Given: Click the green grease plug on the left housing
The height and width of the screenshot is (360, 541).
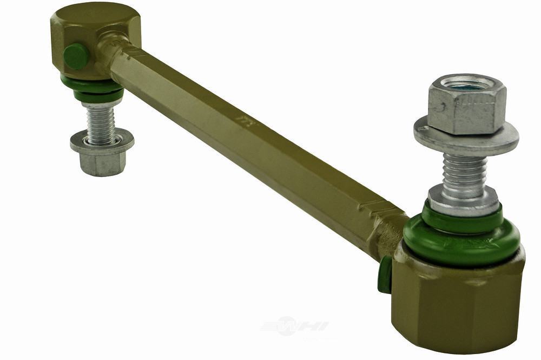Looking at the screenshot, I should pyautogui.click(x=76, y=56).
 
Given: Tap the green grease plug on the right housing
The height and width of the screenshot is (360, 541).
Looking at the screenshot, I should pyautogui.click(x=385, y=274).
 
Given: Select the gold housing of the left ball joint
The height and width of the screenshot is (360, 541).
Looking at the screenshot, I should pyautogui.click(x=92, y=35).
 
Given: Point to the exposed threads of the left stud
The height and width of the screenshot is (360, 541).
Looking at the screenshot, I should pyautogui.click(x=101, y=122).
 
